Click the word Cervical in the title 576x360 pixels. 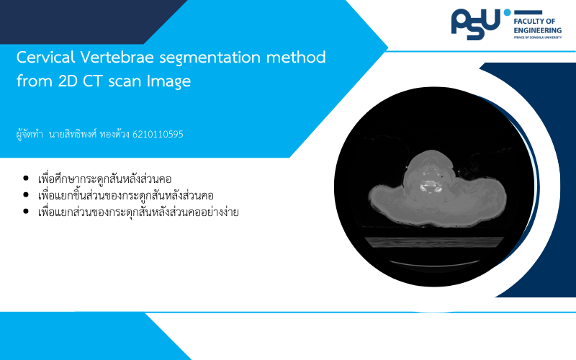click(45, 58)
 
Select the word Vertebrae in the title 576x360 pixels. click(117, 58)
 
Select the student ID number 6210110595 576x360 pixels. click(158, 135)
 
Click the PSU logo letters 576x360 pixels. click(476, 24)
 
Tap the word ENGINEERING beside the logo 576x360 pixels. click(537, 30)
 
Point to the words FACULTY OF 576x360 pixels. click(534, 22)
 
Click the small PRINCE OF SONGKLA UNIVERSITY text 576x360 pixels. click(537, 37)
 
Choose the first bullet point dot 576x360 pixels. click(26, 179)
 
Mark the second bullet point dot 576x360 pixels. click(26, 195)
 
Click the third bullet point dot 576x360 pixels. click(26, 211)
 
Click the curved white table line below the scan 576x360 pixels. click(435, 264)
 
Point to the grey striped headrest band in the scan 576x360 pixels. click(434, 242)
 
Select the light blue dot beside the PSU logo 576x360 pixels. click(508, 12)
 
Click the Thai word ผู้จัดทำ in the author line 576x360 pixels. click(30, 135)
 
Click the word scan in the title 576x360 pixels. click(121, 81)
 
